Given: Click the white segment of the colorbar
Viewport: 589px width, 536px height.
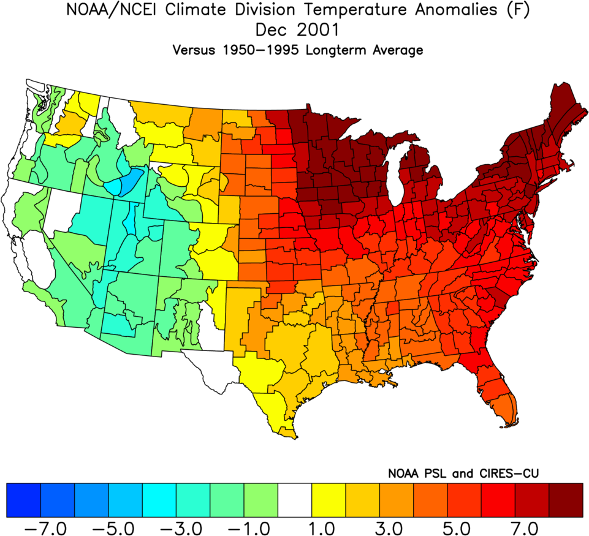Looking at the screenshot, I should [x=295, y=500].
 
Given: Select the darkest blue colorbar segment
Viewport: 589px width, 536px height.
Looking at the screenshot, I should [x=23, y=500].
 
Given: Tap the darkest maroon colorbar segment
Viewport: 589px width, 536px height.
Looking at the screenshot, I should [x=566, y=500].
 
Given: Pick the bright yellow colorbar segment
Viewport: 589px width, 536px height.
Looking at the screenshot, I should [x=329, y=500].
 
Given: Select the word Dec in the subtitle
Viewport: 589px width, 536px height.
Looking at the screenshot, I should [x=270, y=30].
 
